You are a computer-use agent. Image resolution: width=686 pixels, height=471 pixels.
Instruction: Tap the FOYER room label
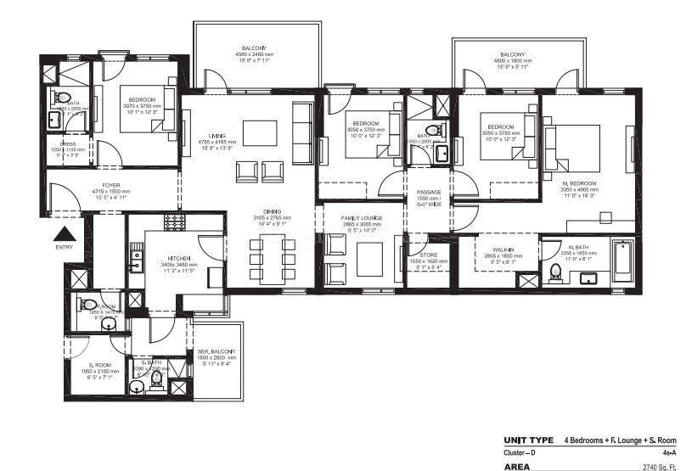point(110,184)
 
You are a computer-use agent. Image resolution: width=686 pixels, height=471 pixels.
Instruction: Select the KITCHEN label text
point(178,258)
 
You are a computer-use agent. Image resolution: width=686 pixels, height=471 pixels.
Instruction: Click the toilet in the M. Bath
point(556,272)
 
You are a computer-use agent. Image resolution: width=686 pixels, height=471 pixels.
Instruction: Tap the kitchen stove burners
point(175,221)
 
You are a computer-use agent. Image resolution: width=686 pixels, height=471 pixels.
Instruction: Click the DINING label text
point(273,212)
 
